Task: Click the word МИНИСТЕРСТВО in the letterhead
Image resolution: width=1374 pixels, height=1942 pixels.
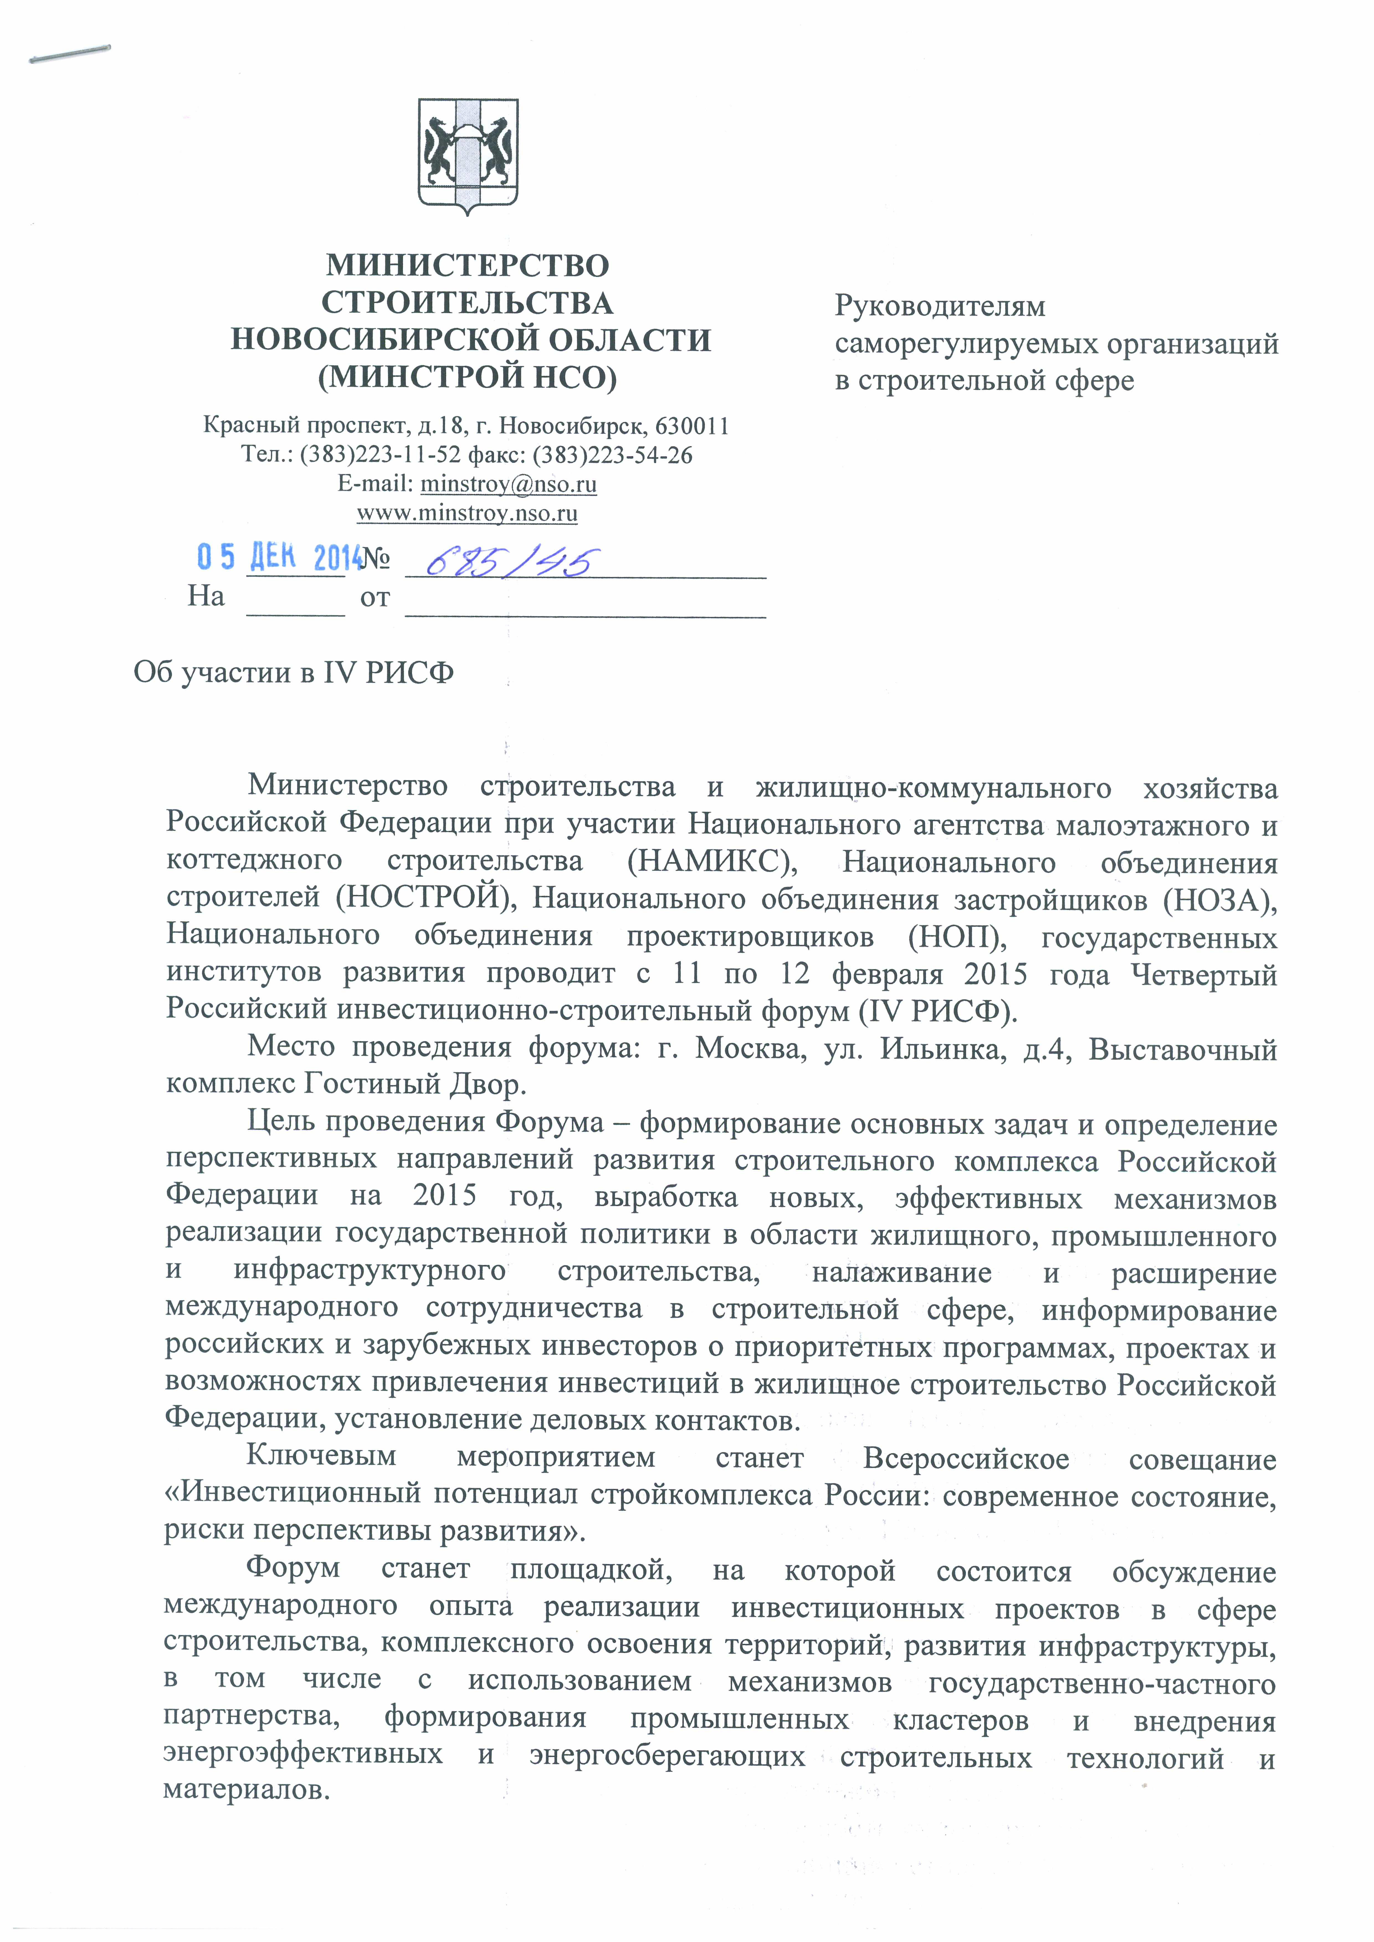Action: coord(468,266)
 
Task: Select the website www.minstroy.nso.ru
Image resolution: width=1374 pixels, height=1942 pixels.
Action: coord(467,512)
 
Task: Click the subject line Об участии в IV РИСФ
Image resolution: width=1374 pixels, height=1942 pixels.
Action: coord(294,673)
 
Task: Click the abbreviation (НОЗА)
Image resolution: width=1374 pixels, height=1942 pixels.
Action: coord(1219,899)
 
